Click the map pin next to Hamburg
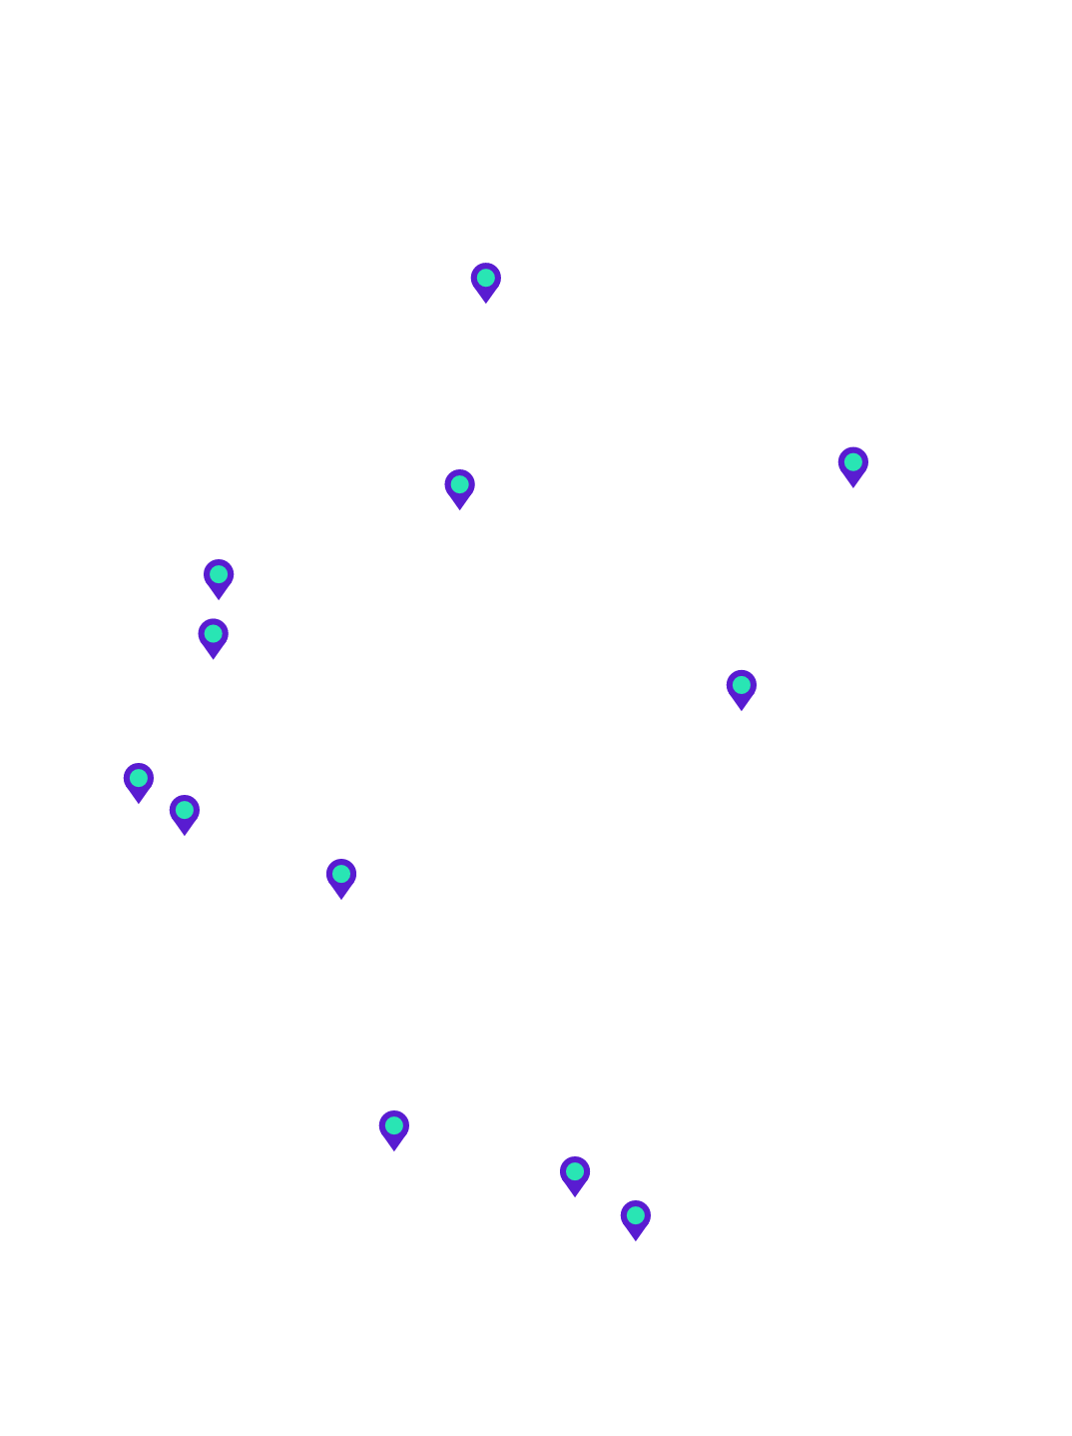(x=485, y=280)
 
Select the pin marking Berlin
(x=852, y=464)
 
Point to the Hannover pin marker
(x=459, y=486)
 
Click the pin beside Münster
(x=219, y=576)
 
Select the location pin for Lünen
(x=213, y=635)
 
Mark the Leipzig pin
(x=741, y=687)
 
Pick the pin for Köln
(x=138, y=780)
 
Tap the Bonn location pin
(x=184, y=812)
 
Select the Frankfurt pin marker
(x=341, y=876)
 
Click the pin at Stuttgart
(x=394, y=1127)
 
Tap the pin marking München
(x=635, y=1217)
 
